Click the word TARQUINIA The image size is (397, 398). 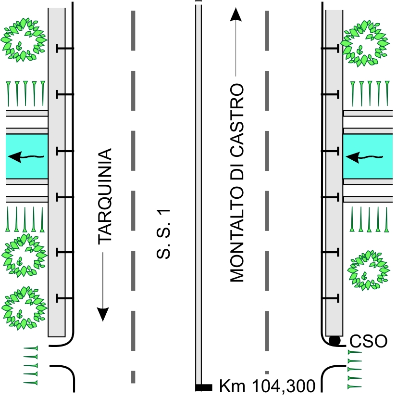click(105, 196)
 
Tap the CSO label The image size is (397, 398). click(368, 341)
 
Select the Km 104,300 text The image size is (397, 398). click(267, 386)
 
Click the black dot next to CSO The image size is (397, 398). click(335, 341)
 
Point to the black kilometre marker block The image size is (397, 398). click(204, 387)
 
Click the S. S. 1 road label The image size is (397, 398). click(163, 234)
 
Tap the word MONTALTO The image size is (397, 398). click(237, 234)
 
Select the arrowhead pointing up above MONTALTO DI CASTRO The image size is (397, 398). click(236, 14)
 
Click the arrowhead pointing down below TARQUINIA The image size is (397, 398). click(103, 314)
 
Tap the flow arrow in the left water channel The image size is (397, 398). click(26, 157)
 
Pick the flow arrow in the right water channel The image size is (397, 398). click(364, 157)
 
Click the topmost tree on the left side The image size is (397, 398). click(24, 40)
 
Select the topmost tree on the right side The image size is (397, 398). click(365, 43)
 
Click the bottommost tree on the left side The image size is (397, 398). click(24, 308)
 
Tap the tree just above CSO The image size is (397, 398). click(368, 270)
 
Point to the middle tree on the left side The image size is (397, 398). click(24, 256)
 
